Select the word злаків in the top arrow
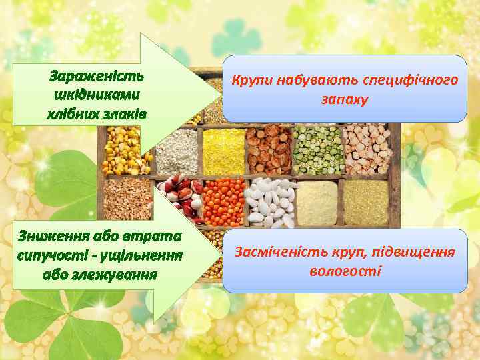125,112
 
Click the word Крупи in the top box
251,81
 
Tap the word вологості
345,271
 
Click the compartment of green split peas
316,150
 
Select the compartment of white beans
269,202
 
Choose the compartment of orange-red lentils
223,202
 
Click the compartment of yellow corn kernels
125,151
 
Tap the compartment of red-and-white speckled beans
183,195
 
